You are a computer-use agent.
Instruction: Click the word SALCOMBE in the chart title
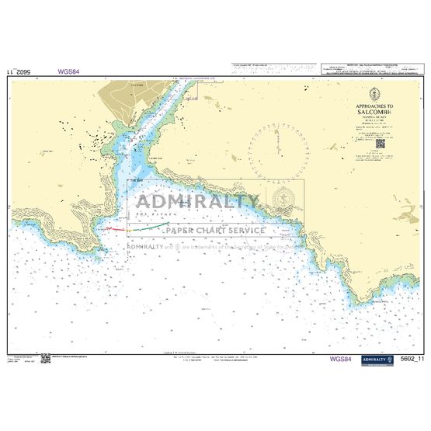point(374,111)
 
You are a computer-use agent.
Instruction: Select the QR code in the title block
point(380,144)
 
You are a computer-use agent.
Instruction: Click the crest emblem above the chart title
point(374,93)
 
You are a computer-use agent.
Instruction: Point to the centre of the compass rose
point(278,148)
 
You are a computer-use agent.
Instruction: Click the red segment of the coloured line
point(117,230)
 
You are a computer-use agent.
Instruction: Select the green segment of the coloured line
point(155,227)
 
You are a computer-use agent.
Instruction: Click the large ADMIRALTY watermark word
point(194,203)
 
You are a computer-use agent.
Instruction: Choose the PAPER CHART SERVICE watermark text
point(214,231)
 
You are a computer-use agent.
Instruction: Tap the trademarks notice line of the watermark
point(214,246)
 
